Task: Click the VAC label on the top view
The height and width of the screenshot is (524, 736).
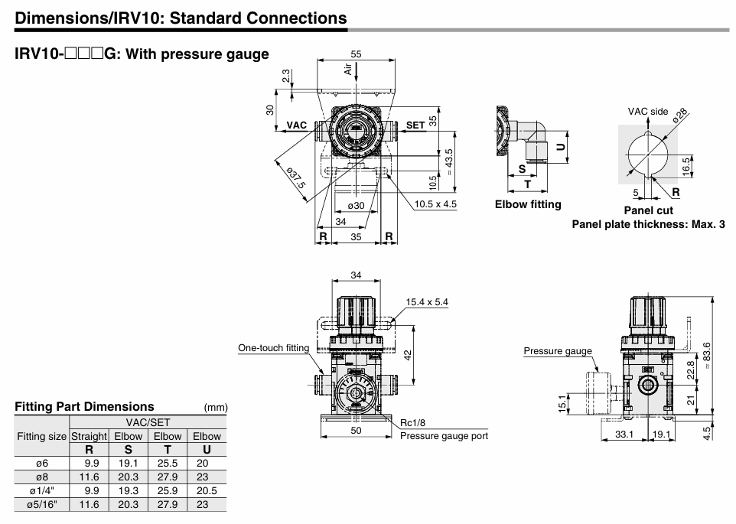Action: pos(296,125)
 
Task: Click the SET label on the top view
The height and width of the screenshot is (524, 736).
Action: pos(415,125)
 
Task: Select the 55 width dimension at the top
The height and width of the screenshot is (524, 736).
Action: pos(356,54)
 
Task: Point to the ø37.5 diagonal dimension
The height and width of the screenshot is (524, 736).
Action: pos(295,178)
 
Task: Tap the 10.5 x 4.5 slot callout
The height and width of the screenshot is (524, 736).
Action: pos(435,204)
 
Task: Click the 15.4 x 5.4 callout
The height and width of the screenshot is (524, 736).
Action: pos(427,302)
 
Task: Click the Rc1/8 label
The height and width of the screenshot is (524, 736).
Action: pos(413,423)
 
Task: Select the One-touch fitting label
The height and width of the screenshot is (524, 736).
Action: pos(273,348)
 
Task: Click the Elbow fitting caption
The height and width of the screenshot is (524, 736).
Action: pos(528,204)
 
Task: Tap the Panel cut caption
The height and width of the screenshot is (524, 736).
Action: pos(648,210)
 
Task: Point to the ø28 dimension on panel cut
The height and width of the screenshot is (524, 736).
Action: pos(681,116)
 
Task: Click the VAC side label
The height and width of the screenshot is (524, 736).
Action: pos(648,112)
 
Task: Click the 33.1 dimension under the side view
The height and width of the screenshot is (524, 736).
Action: pos(624,434)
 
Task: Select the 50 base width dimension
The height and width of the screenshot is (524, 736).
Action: pos(356,431)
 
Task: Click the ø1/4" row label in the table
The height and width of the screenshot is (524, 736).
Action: pos(42,490)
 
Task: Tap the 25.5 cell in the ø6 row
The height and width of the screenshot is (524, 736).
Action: pos(168,463)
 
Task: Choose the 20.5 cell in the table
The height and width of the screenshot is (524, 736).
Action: pos(207,490)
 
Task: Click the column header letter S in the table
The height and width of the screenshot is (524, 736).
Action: pos(128,450)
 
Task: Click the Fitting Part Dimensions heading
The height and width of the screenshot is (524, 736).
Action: pos(84,406)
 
